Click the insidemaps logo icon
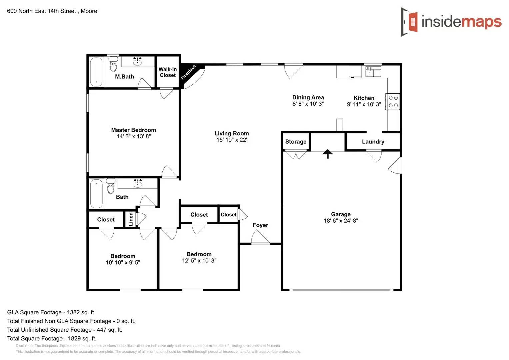[x=409, y=22]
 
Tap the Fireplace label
[x=188, y=72]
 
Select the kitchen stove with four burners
[x=393, y=102]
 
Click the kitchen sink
[x=373, y=71]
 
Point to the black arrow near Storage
[x=328, y=153]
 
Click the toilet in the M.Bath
[x=113, y=64]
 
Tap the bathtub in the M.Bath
[x=96, y=72]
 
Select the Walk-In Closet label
[x=168, y=72]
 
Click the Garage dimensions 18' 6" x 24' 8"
[x=341, y=221]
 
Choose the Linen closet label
[x=131, y=219]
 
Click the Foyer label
[x=260, y=225]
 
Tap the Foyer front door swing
[x=260, y=237]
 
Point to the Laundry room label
[x=373, y=142]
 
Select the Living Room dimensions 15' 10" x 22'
[x=232, y=140]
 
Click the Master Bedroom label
[x=133, y=130]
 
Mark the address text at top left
[x=52, y=11]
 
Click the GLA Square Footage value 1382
[x=73, y=312]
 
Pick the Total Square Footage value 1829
[x=74, y=338]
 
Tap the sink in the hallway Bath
[x=138, y=183]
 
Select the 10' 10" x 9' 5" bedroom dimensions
[x=123, y=263]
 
